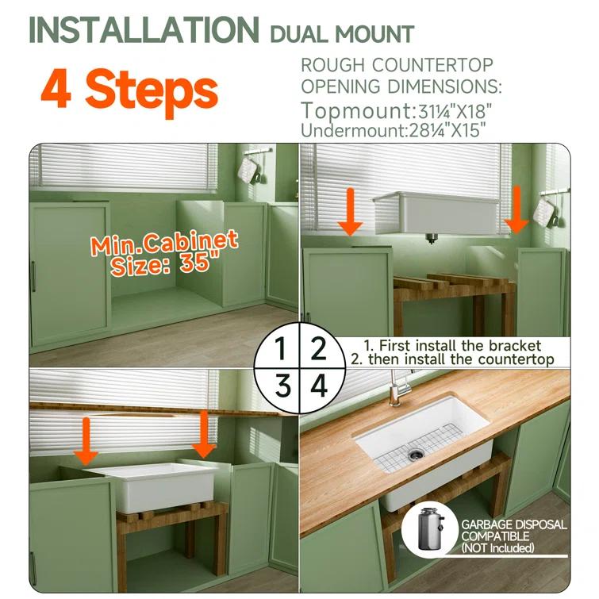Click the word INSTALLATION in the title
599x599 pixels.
[x=144, y=30]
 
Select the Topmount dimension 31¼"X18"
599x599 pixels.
[x=453, y=111]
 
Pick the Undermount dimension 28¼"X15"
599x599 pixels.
[x=447, y=130]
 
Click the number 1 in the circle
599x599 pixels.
[x=282, y=348]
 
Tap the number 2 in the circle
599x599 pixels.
[x=318, y=348]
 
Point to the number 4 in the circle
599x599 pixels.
[x=319, y=386]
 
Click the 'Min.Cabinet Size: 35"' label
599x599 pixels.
[x=164, y=252]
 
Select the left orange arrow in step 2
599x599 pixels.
[x=351, y=212]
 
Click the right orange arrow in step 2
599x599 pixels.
[x=516, y=209]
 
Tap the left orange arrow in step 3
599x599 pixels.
[x=86, y=442]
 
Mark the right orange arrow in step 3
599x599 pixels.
[x=204, y=434]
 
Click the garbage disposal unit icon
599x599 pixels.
[x=430, y=528]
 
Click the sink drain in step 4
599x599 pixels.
[x=414, y=455]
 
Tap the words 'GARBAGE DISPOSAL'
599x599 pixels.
[x=514, y=524]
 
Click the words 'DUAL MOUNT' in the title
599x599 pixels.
[x=342, y=33]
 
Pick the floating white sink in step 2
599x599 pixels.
[x=436, y=214]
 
